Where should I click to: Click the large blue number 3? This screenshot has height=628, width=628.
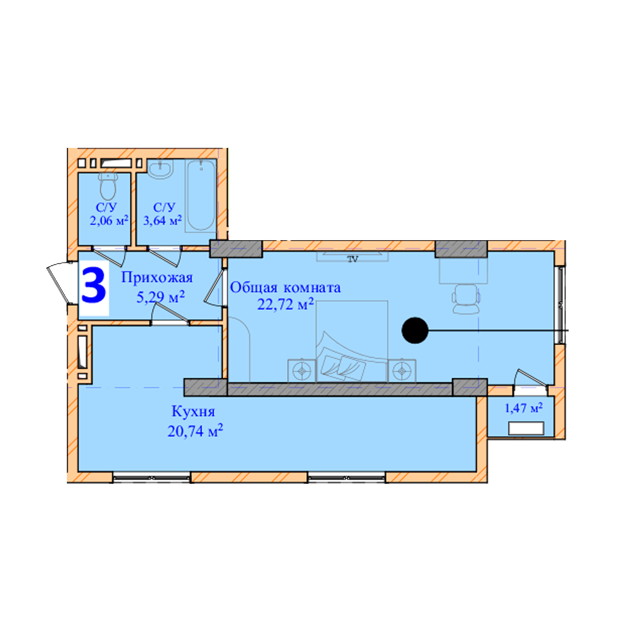(x=93, y=286)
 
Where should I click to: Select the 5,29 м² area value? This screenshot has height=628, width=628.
(x=160, y=297)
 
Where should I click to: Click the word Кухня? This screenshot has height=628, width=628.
(x=193, y=412)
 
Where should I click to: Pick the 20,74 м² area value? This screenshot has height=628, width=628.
(x=195, y=431)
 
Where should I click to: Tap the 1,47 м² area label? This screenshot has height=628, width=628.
(x=524, y=408)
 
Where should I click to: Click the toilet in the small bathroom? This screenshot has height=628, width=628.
(x=108, y=186)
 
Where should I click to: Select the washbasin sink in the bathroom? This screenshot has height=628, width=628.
(x=160, y=169)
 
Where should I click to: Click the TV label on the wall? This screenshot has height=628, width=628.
(x=353, y=259)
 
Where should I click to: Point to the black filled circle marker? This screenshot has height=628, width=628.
(x=415, y=330)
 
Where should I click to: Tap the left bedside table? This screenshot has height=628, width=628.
(x=302, y=371)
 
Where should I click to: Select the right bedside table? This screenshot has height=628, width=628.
(x=402, y=371)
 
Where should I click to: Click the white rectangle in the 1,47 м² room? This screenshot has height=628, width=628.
(x=526, y=428)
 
